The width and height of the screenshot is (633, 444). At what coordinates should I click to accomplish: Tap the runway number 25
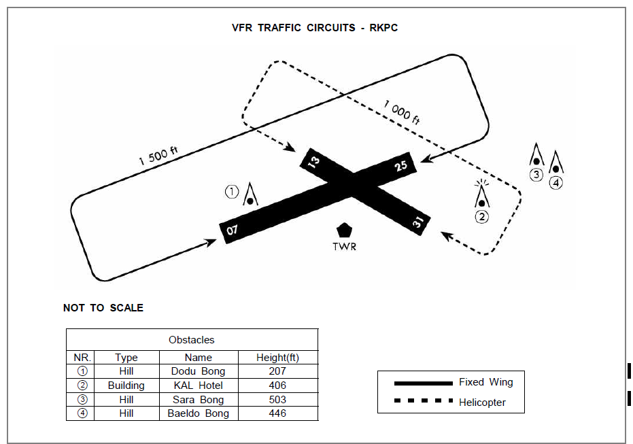coord(400,166)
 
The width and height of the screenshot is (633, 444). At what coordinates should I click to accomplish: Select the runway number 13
coord(313,161)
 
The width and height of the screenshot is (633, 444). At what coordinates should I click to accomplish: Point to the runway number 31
coord(417,222)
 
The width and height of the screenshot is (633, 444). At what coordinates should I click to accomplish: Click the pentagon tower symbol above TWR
coord(344,230)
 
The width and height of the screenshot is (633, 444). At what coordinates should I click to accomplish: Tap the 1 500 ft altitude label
coord(158,156)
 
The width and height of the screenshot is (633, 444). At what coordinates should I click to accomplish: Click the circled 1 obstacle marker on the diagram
coord(233,192)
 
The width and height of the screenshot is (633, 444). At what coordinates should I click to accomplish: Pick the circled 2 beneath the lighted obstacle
coord(481,218)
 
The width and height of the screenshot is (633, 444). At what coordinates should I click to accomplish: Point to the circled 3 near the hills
coord(536,174)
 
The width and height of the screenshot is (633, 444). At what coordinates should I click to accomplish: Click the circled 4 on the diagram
coord(556,182)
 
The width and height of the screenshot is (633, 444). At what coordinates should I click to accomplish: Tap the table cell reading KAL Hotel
coord(198,386)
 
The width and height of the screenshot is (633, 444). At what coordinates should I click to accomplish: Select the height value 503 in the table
coord(277,400)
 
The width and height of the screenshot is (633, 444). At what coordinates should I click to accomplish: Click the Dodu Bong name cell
coord(198,371)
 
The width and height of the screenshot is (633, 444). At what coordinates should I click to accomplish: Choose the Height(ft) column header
coord(277,358)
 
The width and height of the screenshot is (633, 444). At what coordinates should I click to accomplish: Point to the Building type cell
coord(126,386)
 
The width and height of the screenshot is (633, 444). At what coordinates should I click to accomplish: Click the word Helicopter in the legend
coord(482,403)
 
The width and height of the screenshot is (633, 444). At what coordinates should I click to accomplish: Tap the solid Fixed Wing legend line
coord(423,383)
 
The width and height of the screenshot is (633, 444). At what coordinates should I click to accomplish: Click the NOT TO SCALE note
coord(103,308)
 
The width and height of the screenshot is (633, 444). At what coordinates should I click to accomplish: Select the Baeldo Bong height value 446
coord(277,413)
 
